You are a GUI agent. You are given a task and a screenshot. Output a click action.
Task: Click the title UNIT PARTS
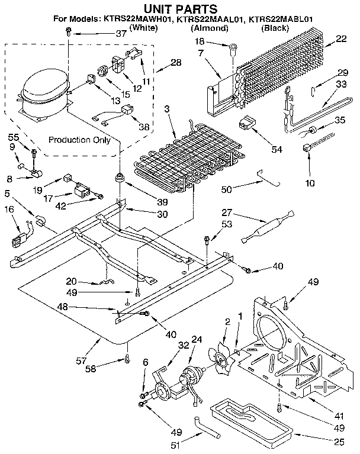tap(179, 8)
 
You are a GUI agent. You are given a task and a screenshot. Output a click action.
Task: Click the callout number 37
tap(121, 35)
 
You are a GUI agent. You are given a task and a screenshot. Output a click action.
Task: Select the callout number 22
tap(342, 39)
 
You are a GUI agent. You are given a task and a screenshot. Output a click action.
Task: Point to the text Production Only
tap(79, 140)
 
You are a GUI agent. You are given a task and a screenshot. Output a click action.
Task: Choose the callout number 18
tap(200, 41)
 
